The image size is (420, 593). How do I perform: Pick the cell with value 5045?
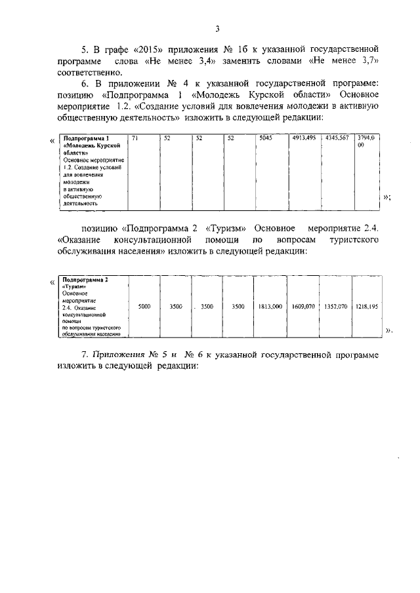coord(265,138)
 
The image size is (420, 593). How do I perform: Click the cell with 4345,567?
coord(337,138)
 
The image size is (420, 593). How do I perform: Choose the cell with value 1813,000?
coord(270,306)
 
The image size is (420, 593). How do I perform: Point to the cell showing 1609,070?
coord(303,306)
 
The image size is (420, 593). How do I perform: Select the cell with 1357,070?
coord(335,306)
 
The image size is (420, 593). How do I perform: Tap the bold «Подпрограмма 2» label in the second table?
coord(85,280)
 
